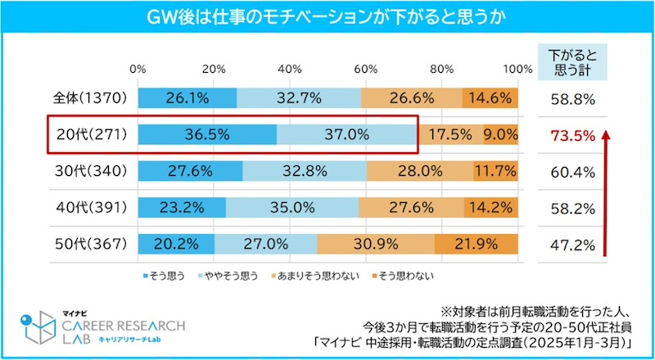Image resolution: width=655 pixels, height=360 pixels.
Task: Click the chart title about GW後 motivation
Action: coord(327,16)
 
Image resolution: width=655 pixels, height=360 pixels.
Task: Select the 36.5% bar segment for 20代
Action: coord(206,134)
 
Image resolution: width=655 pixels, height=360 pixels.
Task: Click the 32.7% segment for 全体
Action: coord(299,98)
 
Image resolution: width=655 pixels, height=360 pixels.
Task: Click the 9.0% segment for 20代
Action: coord(500,134)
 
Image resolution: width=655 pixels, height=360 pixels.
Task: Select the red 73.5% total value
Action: coord(567,135)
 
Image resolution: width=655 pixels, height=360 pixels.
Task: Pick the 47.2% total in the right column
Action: coord(567,244)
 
